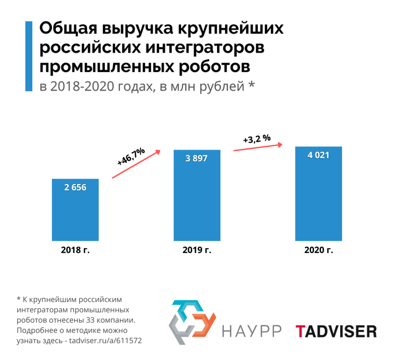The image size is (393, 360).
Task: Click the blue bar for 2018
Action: tap(75, 210)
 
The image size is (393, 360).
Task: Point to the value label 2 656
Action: tap(75, 187)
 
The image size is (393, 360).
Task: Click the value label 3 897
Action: tap(196, 158)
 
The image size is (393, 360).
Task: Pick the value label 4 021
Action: tap(318, 155)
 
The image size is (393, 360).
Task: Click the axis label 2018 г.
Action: tap(75, 250)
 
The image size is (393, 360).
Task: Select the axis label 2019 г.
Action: tap(196, 250)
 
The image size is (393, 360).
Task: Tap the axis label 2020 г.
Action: tap(318, 250)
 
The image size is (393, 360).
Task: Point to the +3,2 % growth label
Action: tap(257, 138)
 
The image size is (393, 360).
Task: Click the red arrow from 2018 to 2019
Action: tap(136, 165)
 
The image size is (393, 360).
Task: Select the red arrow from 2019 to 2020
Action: tap(258, 147)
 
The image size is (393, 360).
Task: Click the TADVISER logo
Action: tap(335, 331)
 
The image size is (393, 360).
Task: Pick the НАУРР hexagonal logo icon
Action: tap(192, 322)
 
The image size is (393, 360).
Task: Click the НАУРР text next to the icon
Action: tap(252, 331)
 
